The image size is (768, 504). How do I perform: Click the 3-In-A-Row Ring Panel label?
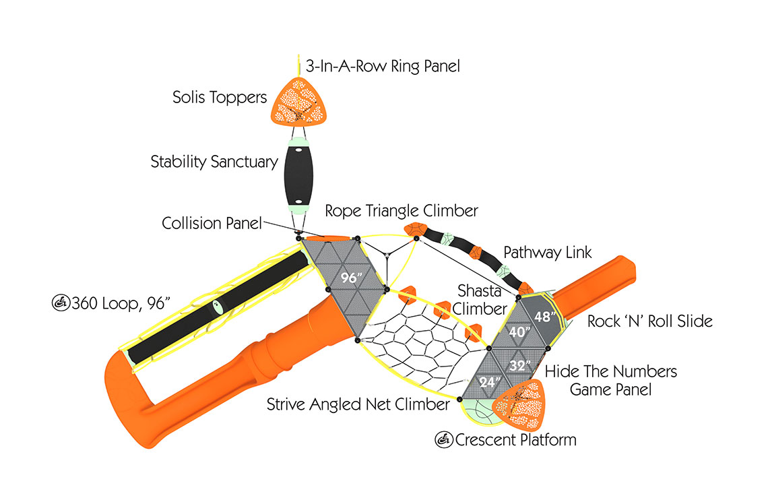pos(383,66)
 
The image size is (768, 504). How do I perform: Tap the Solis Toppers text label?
pos(219,98)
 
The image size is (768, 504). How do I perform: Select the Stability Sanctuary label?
pos(214,162)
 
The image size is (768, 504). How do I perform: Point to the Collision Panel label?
pos(212,223)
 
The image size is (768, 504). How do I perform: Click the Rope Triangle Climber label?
pos(402,210)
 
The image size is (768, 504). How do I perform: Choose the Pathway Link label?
pos(548,253)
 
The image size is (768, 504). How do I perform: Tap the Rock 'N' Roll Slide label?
pos(649,321)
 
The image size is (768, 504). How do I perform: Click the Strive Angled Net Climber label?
pos(358,404)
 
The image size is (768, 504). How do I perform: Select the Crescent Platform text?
pos(516,440)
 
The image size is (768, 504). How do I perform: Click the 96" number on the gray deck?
pos(349,278)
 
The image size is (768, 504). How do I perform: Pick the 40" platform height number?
pos(517,332)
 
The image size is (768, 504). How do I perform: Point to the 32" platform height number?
pos(519,366)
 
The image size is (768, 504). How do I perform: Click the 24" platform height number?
pos(490,382)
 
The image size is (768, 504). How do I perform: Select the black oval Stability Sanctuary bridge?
pos(296,174)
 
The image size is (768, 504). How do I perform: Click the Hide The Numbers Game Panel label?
pos(610,380)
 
